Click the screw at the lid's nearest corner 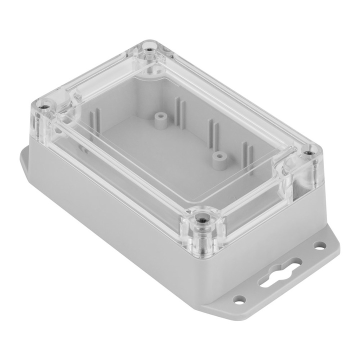click(202, 218)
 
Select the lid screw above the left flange click(45, 107)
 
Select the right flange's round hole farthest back click(319, 245)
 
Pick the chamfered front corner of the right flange click(220, 304)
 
